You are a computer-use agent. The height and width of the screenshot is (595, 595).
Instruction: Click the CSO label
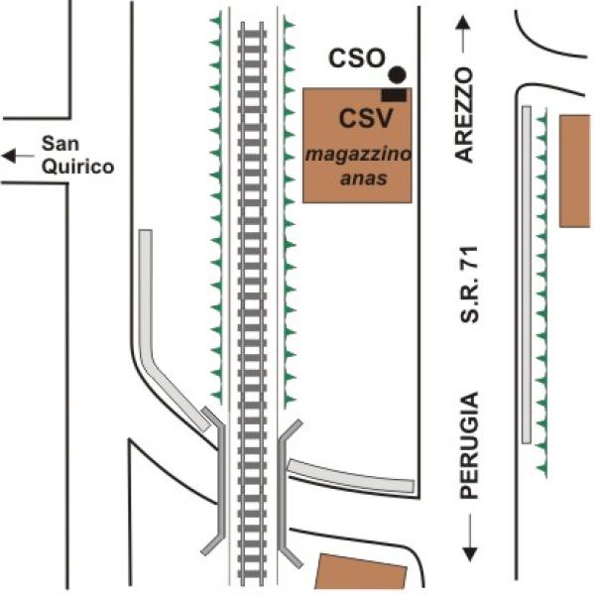click(357, 59)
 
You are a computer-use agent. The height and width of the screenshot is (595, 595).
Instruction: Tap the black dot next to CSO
click(398, 74)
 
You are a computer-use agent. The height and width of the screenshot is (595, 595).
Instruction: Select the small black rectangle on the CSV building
click(394, 95)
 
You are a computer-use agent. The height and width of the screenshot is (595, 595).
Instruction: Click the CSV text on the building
click(366, 118)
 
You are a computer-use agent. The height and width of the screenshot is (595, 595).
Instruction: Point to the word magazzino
click(358, 154)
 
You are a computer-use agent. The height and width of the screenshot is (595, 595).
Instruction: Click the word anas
click(364, 178)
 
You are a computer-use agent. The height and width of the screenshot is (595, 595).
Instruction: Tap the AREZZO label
click(464, 115)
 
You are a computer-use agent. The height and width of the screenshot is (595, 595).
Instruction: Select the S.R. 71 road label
click(469, 285)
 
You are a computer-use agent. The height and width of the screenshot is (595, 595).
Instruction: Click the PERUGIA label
click(469, 445)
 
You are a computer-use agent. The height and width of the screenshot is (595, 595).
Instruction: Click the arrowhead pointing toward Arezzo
click(463, 23)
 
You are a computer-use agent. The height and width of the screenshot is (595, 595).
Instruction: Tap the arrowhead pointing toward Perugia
click(470, 554)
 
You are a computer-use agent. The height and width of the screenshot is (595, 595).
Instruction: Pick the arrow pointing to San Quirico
click(18, 156)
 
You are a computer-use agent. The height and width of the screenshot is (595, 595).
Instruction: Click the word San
click(59, 144)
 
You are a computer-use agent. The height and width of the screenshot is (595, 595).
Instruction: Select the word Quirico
click(77, 167)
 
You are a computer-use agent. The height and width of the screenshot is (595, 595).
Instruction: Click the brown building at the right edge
click(575, 172)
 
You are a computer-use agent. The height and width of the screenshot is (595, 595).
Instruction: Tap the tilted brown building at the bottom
click(361, 572)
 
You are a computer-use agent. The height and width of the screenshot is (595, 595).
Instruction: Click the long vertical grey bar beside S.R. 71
click(527, 275)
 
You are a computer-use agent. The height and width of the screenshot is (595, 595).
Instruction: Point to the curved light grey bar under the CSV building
click(351, 476)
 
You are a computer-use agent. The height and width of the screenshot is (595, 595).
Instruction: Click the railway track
click(252, 303)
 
